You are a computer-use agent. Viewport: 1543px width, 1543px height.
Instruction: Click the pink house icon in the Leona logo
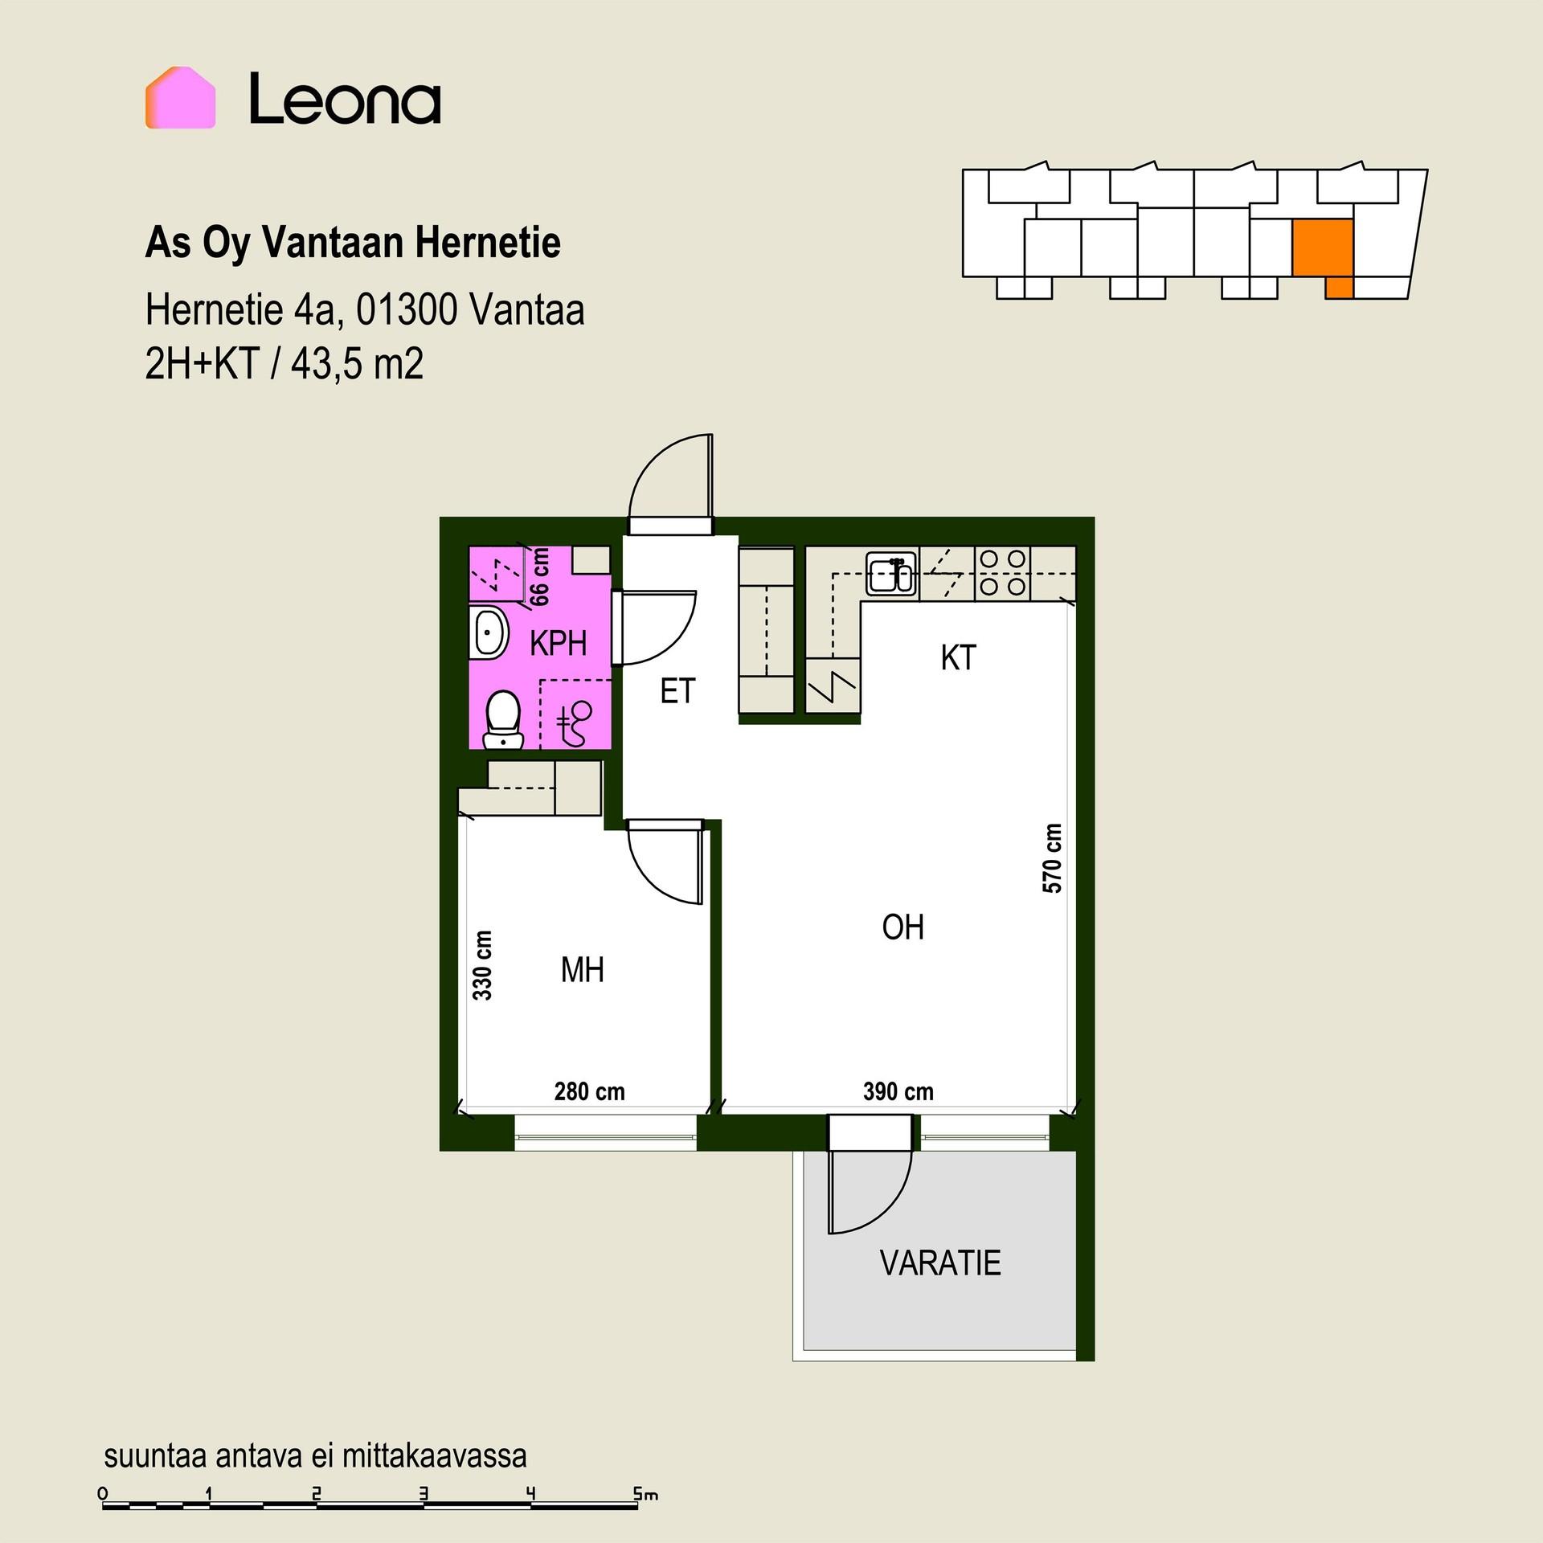(x=180, y=97)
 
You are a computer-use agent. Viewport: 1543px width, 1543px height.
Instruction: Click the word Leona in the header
(x=345, y=99)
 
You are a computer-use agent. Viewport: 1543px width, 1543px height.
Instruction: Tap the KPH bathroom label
(x=558, y=643)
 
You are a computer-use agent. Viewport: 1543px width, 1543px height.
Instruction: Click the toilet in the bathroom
(x=503, y=719)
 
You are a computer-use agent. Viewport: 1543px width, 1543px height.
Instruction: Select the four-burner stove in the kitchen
(x=1003, y=573)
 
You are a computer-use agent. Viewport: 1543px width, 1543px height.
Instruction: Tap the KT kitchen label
(x=958, y=658)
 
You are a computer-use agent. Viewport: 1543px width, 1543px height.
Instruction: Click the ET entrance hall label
(x=677, y=691)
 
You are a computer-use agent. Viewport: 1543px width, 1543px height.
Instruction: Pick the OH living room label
(x=902, y=927)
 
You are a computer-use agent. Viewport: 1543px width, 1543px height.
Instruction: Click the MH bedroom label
(x=582, y=970)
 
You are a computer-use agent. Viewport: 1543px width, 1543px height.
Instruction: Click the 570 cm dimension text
(x=1052, y=858)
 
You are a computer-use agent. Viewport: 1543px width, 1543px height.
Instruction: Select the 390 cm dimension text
(x=898, y=1091)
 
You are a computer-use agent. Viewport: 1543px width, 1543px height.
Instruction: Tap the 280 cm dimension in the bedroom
(x=589, y=1091)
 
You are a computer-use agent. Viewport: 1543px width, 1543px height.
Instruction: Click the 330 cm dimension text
(x=482, y=965)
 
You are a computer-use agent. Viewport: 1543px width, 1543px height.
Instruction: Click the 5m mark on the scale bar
(x=645, y=1494)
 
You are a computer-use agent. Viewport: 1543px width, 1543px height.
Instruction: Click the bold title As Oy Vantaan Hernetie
(x=353, y=243)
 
